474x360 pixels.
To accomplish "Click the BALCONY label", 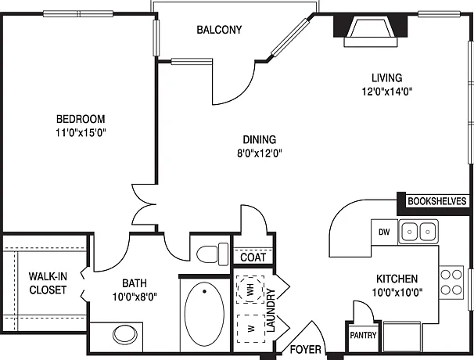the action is coord(219,30).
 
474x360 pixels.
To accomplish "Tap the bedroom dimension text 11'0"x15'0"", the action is coord(81,132).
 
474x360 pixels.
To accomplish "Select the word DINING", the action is coord(260,139).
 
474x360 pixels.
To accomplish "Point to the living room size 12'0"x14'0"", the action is coord(387,92).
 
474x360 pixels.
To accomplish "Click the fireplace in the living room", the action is coord(371,31).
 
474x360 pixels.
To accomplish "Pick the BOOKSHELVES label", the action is coord(436,201).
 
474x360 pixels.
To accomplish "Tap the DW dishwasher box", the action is coord(384,232).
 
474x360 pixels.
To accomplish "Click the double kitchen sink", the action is coord(418,232).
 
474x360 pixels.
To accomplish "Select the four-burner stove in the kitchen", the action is coord(451,283).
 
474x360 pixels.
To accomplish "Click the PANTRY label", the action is coord(363,335).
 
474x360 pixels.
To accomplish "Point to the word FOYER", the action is coord(306,350).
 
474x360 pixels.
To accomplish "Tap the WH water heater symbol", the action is coord(250,290).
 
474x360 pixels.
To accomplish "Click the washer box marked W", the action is coord(250,329).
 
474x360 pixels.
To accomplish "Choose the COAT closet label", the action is coord(253,257).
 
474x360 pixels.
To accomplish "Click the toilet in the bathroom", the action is coord(213,254).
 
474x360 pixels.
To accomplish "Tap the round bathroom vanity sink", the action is coord(124,334).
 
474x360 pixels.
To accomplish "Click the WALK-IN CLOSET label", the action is coord(48,283).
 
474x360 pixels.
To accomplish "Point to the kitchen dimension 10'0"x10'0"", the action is coord(397,293).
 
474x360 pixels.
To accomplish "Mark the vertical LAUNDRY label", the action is coord(271,311).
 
